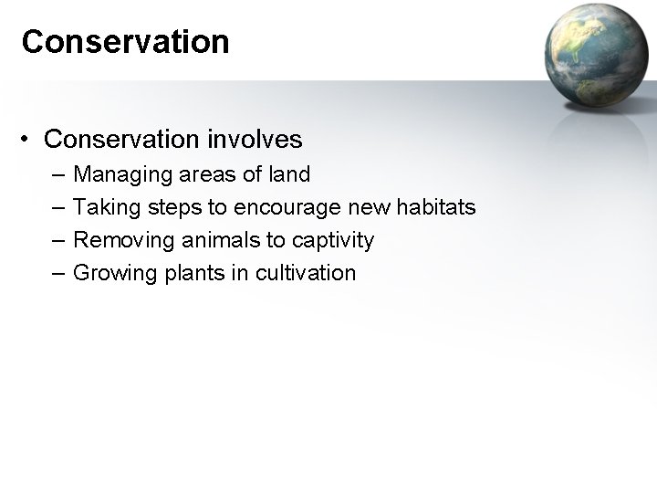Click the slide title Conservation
click(x=125, y=42)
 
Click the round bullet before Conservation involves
click(x=29, y=139)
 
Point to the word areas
click(x=193, y=174)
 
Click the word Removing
click(x=116, y=240)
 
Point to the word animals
click(x=203, y=240)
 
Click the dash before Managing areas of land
click(x=58, y=174)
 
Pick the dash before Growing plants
click(x=58, y=273)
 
